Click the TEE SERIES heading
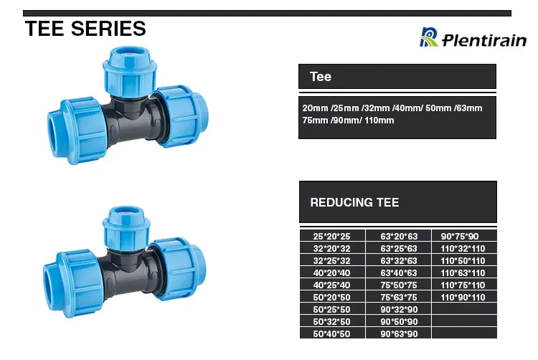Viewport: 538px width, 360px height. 85,29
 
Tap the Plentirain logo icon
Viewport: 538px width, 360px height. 429,37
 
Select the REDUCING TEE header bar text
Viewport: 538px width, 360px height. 354,202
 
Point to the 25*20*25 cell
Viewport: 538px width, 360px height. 331,236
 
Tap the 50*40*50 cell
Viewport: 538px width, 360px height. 331,333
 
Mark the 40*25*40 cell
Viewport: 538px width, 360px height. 331,285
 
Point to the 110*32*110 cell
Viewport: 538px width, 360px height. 463,248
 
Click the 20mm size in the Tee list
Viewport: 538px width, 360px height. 314,108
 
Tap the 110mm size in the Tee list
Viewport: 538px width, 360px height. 379,120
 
